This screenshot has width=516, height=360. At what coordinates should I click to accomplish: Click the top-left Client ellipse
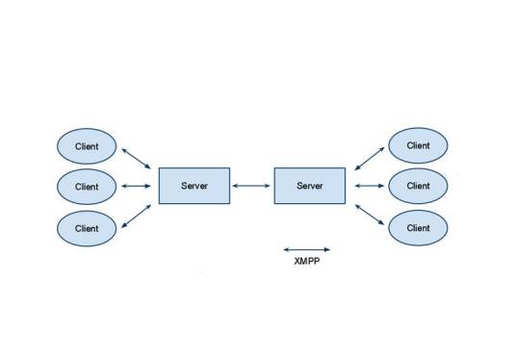(87, 146)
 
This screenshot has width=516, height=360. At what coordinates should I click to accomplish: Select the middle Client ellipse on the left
(87, 187)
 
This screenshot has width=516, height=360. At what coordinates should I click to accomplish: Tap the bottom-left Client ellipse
(87, 228)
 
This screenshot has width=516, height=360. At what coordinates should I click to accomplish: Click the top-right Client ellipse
(418, 146)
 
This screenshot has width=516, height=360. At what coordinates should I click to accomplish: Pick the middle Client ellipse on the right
(418, 186)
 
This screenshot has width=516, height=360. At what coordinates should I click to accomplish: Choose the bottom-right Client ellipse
(418, 228)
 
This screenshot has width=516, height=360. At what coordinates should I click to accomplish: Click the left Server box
(193, 185)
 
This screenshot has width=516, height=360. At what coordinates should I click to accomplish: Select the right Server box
(309, 185)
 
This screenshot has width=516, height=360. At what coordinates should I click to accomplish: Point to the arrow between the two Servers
(251, 186)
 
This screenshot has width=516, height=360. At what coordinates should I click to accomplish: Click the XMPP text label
(306, 261)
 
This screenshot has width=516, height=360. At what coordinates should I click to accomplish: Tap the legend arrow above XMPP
(306, 248)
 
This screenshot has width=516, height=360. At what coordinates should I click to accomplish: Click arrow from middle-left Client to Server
(136, 186)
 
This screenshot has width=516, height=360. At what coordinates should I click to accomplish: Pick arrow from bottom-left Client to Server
(136, 216)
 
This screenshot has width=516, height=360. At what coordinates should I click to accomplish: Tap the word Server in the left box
(193, 185)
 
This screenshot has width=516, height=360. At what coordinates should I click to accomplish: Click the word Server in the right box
(309, 185)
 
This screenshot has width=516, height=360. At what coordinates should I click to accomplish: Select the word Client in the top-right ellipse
(418, 146)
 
